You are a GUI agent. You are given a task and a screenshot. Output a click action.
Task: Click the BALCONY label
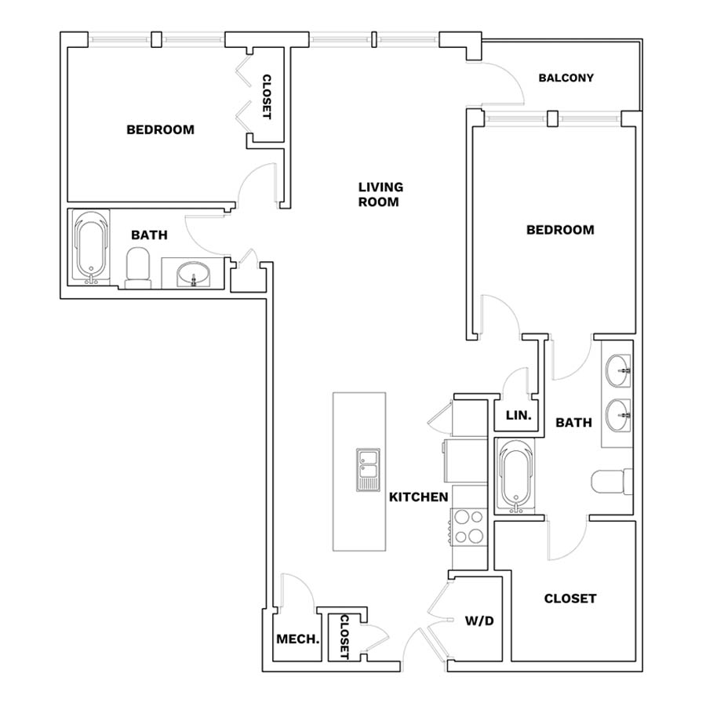click(566, 78)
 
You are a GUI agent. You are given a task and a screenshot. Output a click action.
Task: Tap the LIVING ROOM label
click(380, 194)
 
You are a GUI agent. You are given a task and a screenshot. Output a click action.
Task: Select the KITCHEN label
click(418, 497)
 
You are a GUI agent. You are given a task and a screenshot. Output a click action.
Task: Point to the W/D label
click(479, 621)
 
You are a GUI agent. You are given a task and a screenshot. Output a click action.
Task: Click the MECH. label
click(297, 639)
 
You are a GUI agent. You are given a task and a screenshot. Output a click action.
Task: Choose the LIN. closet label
click(519, 415)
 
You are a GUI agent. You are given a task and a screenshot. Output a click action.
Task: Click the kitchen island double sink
click(369, 470)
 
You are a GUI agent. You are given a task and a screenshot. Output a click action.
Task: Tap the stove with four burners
click(469, 526)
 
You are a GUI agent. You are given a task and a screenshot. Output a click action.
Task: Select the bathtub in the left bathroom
click(92, 247)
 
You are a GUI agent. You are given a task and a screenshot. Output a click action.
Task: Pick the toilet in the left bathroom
click(138, 268)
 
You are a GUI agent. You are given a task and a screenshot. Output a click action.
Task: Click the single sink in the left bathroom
click(193, 274)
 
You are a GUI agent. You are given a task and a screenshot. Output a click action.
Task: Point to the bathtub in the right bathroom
click(518, 476)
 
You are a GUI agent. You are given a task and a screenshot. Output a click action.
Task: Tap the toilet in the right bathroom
click(611, 482)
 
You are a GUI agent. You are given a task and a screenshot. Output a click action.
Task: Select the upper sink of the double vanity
click(618, 370)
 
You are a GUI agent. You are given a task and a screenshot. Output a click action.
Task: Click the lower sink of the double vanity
click(618, 415)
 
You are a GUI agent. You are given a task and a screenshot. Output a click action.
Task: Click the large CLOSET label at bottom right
click(570, 599)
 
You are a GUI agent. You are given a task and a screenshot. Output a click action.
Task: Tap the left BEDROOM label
click(160, 129)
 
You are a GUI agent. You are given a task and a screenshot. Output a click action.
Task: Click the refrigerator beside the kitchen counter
click(465, 460)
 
